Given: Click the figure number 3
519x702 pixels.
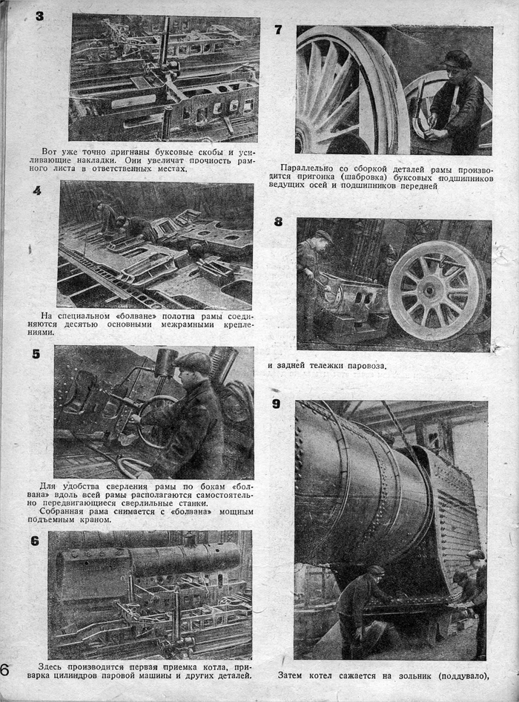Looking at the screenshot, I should (39, 15).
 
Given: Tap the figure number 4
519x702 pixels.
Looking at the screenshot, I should (36, 191).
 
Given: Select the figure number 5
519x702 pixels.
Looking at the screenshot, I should (36, 354).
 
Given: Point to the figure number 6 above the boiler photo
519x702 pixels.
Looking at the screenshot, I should (35, 541).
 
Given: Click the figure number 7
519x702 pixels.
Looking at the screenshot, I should (278, 30).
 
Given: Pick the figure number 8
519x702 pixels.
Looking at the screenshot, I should (278, 221).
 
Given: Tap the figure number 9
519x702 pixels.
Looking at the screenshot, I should (277, 404).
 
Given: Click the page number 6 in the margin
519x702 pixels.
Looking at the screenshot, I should (4, 670).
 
